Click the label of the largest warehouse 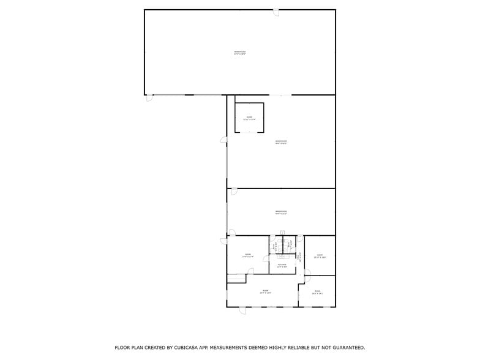pos(239,52)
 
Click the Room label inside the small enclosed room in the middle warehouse pos(249,118)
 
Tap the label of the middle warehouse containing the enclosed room pos(281,142)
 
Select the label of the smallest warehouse pos(281,212)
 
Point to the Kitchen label pos(282,266)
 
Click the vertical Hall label pos(300,257)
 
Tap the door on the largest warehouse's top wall pos(276,12)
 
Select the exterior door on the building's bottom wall pos(242,310)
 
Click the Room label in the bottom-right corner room pos(317,292)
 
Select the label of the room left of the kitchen pos(248,255)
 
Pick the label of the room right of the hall pos(320,256)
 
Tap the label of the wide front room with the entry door pos(266,291)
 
